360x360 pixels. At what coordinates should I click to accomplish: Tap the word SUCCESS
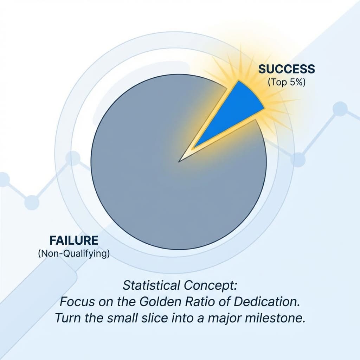pos(287,69)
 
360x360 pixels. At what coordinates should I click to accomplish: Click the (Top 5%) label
pos(287,83)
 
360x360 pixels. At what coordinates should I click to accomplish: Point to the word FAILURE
pos(73,241)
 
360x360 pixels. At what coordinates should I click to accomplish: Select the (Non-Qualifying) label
pos(73,254)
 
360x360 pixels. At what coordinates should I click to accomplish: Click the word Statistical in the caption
pos(149,285)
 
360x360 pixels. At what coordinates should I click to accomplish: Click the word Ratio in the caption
pos(198,302)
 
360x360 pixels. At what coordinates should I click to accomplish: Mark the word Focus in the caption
pos(75,302)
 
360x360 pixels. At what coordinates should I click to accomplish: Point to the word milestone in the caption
pos(272,318)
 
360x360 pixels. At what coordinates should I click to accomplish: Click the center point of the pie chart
pos(179,162)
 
